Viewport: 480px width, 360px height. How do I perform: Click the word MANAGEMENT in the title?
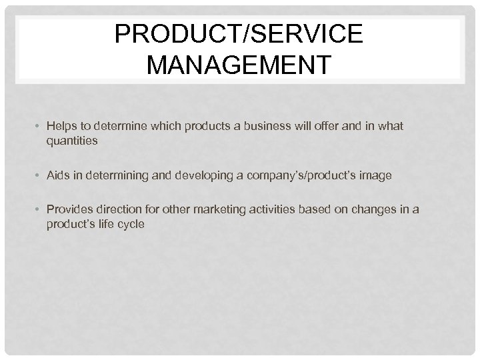click(x=240, y=66)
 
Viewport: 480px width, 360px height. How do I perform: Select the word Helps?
click(x=62, y=126)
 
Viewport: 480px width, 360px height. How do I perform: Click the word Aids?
click(x=59, y=175)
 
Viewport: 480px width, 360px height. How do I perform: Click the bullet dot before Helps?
click(x=39, y=126)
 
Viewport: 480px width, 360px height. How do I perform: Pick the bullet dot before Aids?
click(x=39, y=175)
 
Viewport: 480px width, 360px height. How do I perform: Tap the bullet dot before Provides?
click(x=39, y=211)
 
